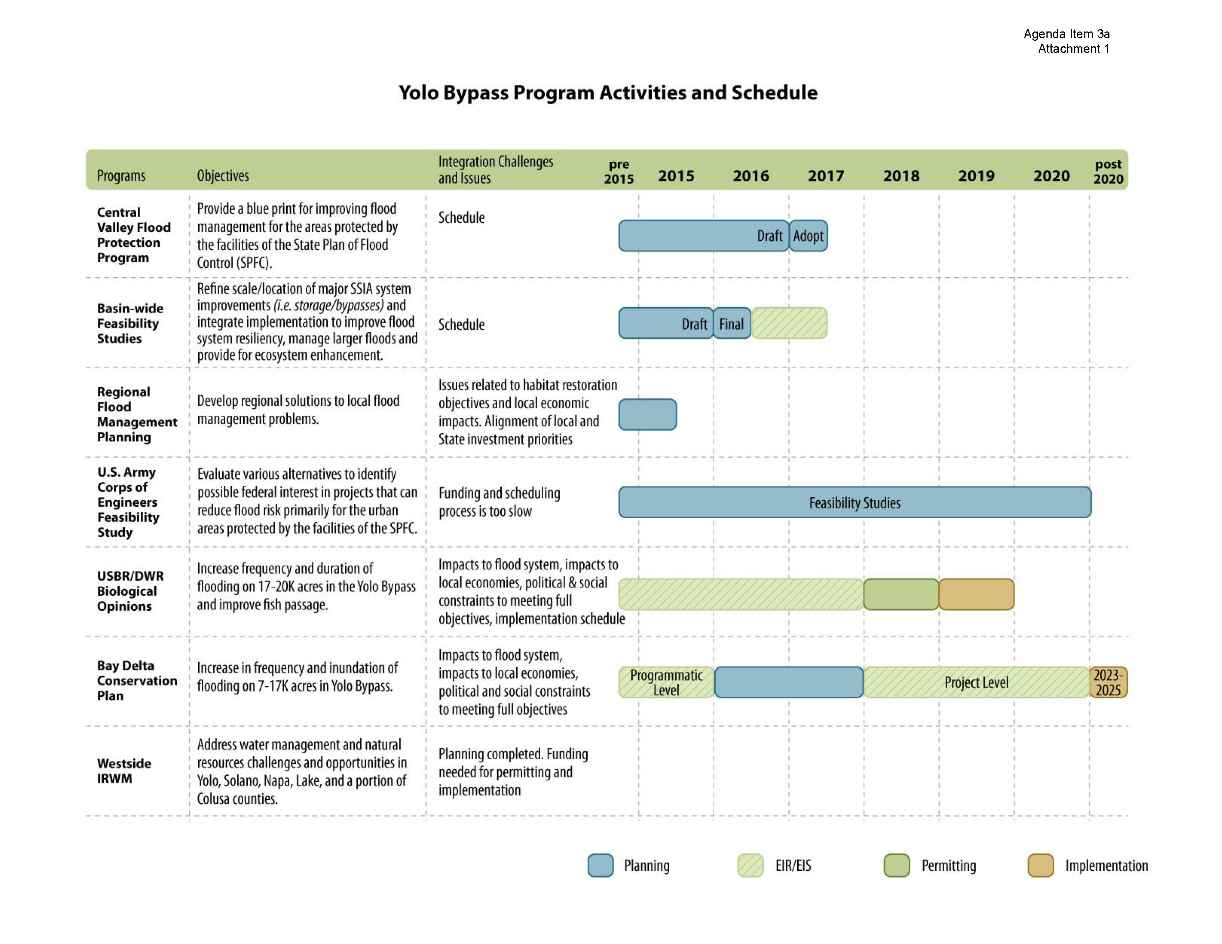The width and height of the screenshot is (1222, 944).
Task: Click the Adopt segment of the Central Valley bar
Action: (808, 235)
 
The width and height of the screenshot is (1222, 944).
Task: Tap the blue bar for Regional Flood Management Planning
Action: (647, 414)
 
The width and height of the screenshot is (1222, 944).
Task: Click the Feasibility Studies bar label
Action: (854, 503)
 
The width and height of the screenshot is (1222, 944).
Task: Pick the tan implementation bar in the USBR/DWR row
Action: (976, 594)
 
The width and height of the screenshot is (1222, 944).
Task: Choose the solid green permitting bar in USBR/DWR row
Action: (901, 594)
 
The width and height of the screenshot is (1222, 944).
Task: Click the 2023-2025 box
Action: (1108, 682)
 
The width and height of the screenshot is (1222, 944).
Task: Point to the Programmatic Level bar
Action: (666, 682)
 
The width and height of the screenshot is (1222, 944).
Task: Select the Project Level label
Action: (976, 682)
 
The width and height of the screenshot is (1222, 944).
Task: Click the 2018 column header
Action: (901, 175)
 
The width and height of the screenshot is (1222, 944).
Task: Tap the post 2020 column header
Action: (1108, 171)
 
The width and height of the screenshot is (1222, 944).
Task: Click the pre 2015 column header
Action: (618, 171)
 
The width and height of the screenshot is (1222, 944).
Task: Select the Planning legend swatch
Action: (600, 865)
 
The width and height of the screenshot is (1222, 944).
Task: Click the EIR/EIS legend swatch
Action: (750, 865)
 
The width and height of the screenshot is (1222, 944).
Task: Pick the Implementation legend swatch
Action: (1041, 865)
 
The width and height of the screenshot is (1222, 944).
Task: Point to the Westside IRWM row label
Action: (124, 771)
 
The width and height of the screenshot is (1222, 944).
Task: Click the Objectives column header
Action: (223, 175)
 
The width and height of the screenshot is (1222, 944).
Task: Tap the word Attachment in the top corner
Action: (1069, 48)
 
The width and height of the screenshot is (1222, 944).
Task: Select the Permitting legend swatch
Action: (897, 865)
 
